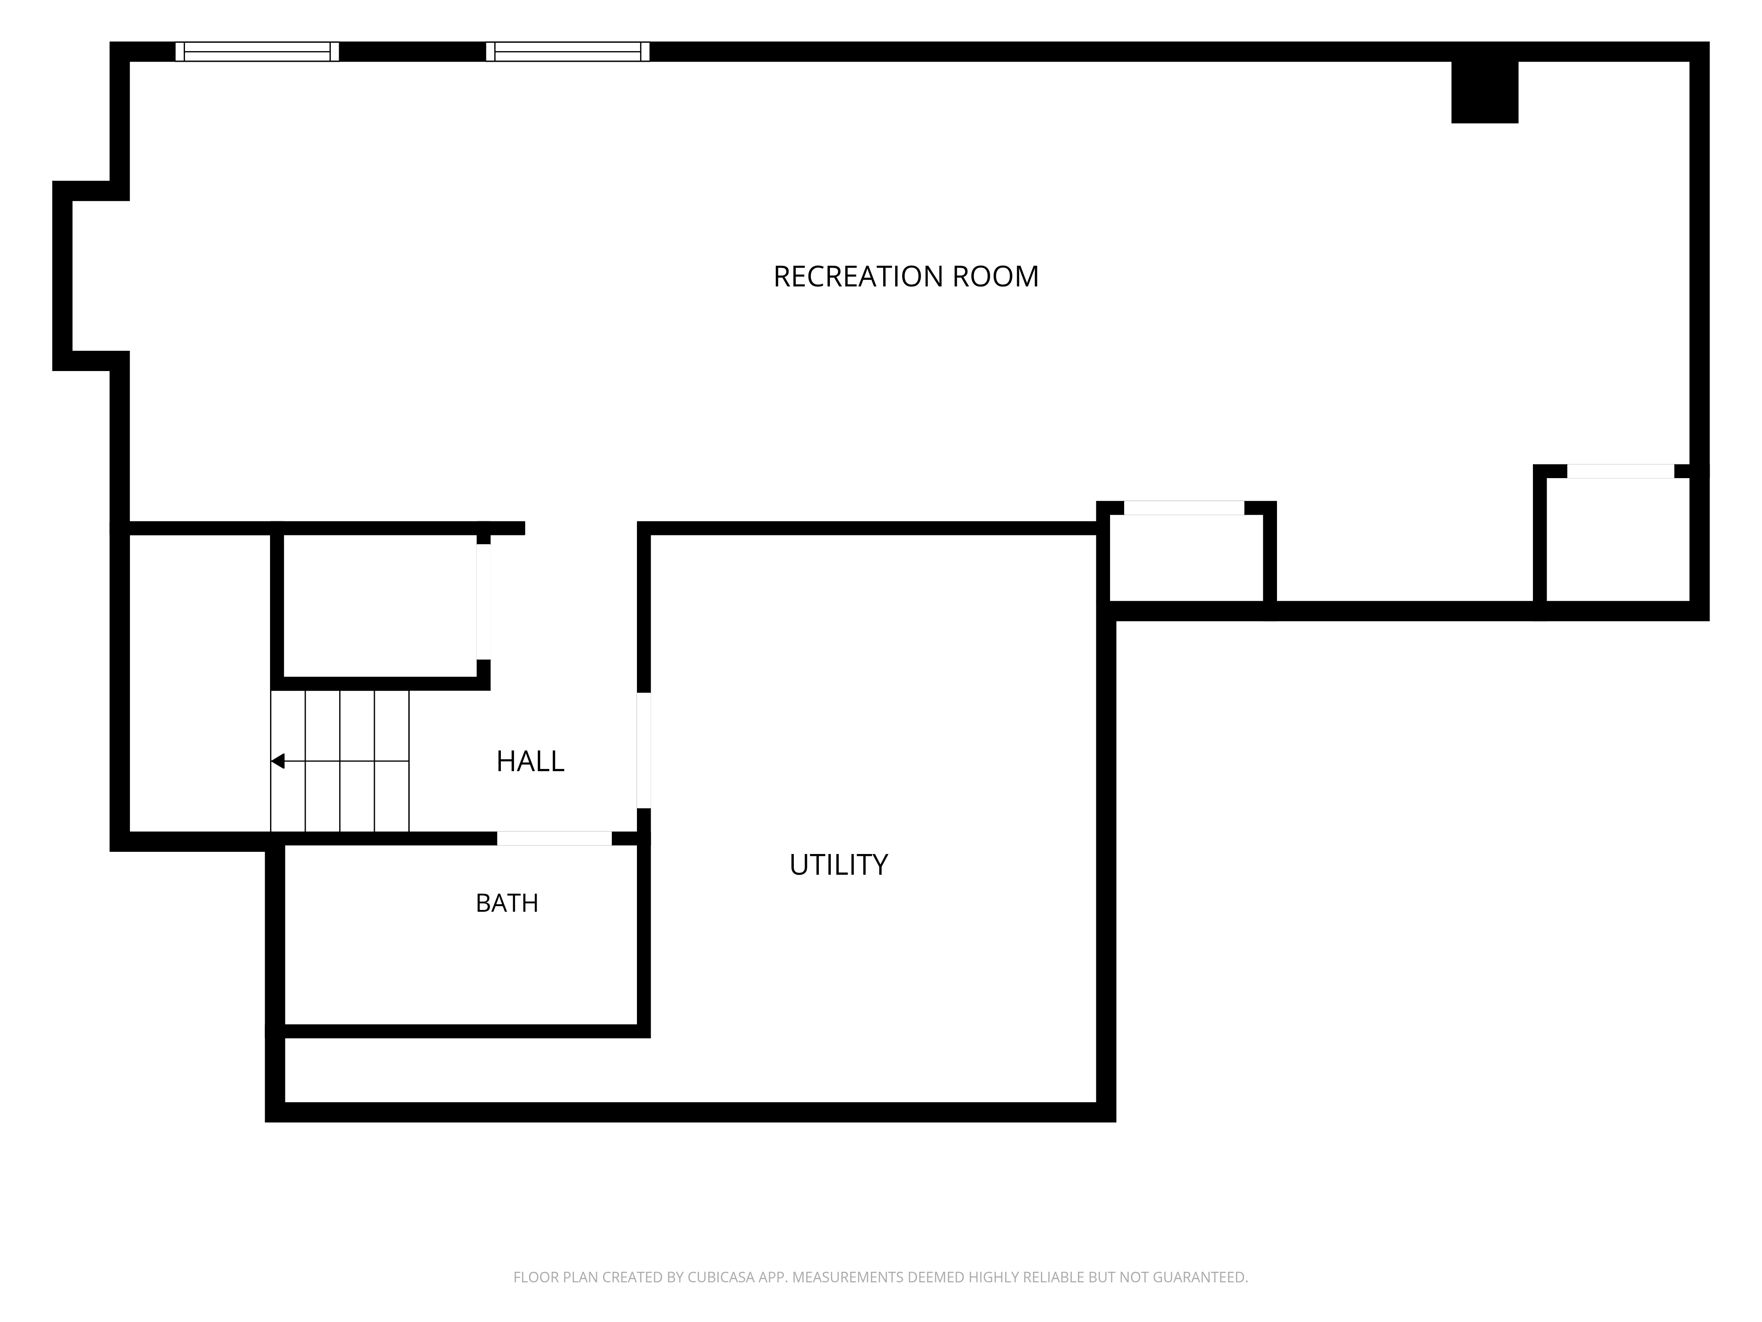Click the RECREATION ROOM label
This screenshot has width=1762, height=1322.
click(906, 276)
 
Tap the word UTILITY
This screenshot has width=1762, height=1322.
click(838, 865)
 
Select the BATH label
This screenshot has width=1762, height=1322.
click(507, 903)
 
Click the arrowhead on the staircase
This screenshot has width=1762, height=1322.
click(277, 761)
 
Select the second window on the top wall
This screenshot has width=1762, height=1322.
click(567, 52)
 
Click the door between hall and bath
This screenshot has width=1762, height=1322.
click(555, 838)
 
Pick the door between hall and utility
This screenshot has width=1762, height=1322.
click(644, 750)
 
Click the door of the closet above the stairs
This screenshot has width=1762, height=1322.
click(484, 602)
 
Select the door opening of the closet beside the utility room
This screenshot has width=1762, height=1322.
click(1184, 508)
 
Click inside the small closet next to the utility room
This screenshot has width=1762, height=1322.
click(1186, 558)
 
